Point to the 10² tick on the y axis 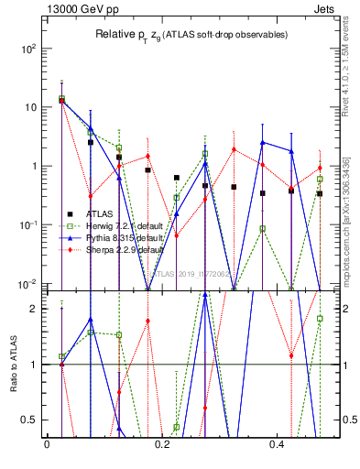(x=33, y=49)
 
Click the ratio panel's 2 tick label (x=38, y=309)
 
